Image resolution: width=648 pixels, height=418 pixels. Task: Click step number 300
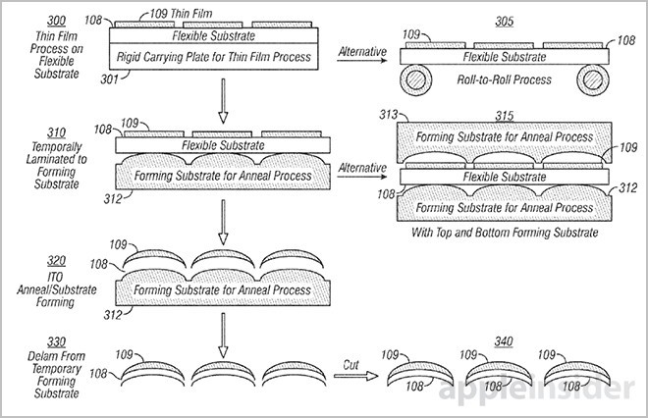[x=56, y=21]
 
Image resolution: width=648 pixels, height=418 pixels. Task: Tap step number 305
[x=505, y=22]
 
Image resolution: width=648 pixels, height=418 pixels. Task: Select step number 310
[x=56, y=133]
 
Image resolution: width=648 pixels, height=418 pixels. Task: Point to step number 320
[x=56, y=261]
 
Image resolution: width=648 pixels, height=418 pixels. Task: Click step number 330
[x=56, y=342]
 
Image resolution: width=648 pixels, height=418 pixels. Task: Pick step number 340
[x=504, y=341]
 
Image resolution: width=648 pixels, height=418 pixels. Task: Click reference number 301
[x=110, y=78]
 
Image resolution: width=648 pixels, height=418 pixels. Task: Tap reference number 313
[x=389, y=115]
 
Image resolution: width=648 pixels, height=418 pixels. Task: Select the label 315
[x=505, y=116]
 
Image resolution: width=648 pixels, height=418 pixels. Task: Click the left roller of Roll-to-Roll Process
[x=415, y=79]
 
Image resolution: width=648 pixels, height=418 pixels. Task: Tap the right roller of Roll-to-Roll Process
[x=593, y=79]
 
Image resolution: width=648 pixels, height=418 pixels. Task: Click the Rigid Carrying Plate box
[x=214, y=56]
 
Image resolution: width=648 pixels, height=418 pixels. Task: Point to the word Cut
[x=351, y=365]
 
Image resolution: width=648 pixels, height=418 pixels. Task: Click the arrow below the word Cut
[x=355, y=376]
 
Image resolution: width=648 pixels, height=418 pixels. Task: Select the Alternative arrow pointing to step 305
[x=362, y=61]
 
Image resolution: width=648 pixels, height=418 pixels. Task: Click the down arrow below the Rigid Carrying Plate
[x=223, y=101]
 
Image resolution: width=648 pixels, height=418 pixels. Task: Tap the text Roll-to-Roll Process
[x=505, y=79]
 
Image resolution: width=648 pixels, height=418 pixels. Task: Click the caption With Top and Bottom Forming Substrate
[x=505, y=233]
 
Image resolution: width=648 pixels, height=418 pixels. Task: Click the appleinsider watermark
[x=536, y=390]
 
